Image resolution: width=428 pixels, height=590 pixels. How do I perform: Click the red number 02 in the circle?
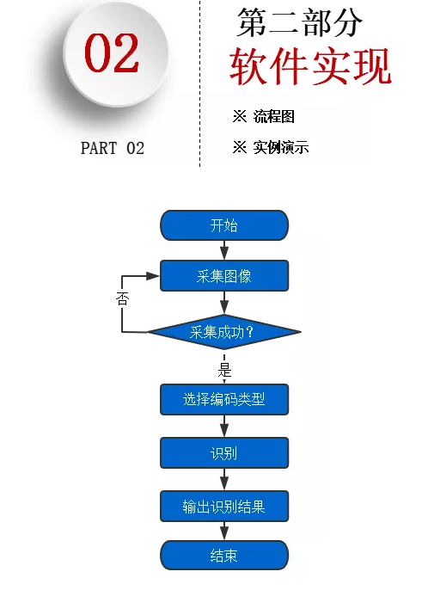click(x=112, y=54)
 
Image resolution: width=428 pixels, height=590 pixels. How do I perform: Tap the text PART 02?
click(x=113, y=148)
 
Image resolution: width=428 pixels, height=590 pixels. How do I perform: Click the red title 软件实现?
click(x=310, y=67)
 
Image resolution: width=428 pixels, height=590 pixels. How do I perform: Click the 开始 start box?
click(x=224, y=225)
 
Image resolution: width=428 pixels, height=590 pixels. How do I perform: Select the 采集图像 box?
click(x=224, y=276)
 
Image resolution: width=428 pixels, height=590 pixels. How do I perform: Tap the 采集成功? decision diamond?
click(x=224, y=331)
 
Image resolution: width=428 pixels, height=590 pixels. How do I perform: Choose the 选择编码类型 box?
click(x=224, y=399)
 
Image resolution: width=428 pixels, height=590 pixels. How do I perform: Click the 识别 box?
click(x=224, y=452)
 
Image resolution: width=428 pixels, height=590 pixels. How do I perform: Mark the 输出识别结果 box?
click(x=224, y=506)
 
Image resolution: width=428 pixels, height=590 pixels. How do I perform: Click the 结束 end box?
click(x=224, y=556)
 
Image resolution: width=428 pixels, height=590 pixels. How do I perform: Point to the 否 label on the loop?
click(x=122, y=300)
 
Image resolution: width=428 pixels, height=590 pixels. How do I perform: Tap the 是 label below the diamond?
click(x=225, y=370)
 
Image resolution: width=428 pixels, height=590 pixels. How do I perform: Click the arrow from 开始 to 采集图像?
click(x=224, y=250)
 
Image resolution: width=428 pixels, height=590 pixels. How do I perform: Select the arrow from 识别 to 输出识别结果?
click(x=224, y=479)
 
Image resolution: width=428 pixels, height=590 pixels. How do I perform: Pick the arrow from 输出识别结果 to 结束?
click(x=224, y=531)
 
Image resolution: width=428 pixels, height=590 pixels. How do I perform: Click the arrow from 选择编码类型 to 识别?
click(x=224, y=426)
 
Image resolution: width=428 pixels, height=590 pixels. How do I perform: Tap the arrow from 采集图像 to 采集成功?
click(x=224, y=303)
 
